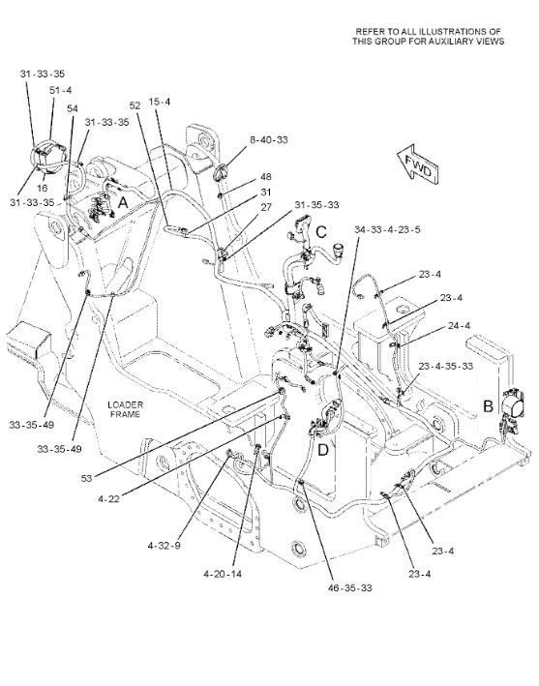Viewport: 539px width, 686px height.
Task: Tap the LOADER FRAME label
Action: click(x=125, y=409)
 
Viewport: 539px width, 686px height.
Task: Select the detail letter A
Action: click(x=123, y=202)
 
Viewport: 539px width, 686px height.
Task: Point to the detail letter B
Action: click(x=488, y=406)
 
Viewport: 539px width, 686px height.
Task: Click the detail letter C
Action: click(x=321, y=232)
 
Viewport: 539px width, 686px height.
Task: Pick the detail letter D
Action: click(x=323, y=449)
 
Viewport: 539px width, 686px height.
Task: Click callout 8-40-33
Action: click(x=269, y=139)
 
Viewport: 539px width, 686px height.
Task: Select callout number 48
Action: click(x=266, y=176)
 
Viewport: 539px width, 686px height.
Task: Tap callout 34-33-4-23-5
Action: click(x=387, y=229)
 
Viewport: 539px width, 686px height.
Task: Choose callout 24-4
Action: click(x=459, y=325)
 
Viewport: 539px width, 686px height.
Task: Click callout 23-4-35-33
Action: click(x=446, y=366)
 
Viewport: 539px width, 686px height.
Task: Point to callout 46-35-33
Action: click(x=350, y=587)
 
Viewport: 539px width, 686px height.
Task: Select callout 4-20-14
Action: click(x=223, y=574)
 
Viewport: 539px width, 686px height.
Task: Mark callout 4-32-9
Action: click(x=165, y=546)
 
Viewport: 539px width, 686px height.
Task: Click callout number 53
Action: click(x=87, y=478)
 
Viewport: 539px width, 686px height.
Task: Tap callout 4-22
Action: click(x=109, y=498)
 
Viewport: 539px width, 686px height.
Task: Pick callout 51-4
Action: click(x=60, y=90)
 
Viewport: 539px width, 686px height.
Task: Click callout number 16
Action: click(x=42, y=188)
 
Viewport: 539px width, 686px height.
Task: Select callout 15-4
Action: click(x=160, y=102)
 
